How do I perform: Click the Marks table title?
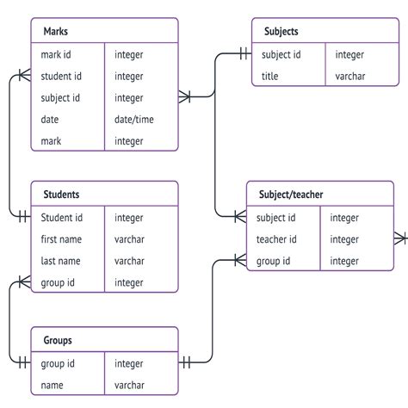click(x=56, y=32)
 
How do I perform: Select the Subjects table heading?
click(x=281, y=32)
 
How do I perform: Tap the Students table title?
click(x=61, y=195)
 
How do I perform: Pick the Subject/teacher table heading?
click(x=290, y=195)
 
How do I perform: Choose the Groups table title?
click(x=58, y=341)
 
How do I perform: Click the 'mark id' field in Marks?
click(x=62, y=54)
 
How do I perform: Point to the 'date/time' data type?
click(x=134, y=119)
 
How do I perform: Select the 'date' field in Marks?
click(x=51, y=119)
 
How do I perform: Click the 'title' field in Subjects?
click(x=271, y=77)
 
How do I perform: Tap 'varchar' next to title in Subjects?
click(x=350, y=77)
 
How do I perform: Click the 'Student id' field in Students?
click(x=62, y=218)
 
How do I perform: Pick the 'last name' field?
click(x=62, y=261)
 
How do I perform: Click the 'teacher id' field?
click(x=276, y=239)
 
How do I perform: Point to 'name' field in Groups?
click(x=53, y=386)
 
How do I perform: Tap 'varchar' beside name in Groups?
click(x=129, y=386)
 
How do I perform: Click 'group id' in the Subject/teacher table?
click(x=275, y=261)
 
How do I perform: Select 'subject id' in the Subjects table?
click(x=281, y=54)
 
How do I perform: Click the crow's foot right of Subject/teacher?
click(x=401, y=238)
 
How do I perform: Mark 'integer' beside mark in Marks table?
click(x=129, y=140)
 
